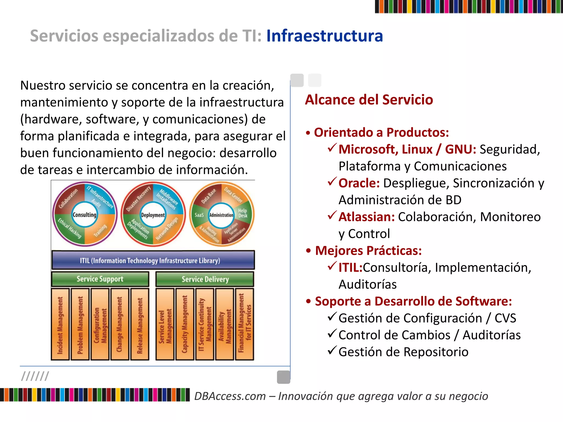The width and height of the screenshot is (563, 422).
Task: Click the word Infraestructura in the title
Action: pos(324,36)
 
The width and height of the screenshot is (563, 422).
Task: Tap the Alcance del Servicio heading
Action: pos(369,99)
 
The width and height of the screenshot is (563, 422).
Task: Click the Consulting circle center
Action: pos(84,215)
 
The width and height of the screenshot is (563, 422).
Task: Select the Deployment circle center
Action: pos(153,215)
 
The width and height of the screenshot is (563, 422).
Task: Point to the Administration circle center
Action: pos(221,215)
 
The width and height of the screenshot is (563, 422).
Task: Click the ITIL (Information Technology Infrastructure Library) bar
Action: pos(153,260)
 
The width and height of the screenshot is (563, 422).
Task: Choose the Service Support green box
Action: pos(100,279)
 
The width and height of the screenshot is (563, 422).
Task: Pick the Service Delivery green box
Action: pos(205,279)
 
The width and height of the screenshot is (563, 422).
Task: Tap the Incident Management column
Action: pos(60,324)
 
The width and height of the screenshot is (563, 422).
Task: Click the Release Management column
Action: pos(140,324)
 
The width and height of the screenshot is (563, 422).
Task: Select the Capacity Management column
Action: pos(185,324)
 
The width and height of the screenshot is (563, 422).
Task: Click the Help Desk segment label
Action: pos(243,213)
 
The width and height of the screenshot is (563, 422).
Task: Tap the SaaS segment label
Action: pos(199,215)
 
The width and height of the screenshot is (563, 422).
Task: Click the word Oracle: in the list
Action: pos(359,183)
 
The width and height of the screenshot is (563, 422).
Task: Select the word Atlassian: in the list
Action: pos(366,217)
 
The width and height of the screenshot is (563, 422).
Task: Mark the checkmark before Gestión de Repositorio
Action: pos(332,351)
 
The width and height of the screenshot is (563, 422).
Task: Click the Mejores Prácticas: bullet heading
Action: pos(368,251)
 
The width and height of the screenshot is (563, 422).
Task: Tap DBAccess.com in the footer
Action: pos(230,396)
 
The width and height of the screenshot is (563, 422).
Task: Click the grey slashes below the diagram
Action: pos(35,376)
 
